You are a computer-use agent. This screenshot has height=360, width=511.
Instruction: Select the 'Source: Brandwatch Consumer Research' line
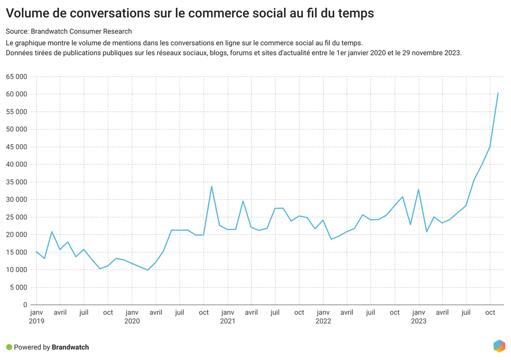click(x=69, y=31)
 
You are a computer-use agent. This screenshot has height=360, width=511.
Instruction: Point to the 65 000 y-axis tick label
click(x=17, y=76)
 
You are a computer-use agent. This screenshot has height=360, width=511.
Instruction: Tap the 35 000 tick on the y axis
click(x=17, y=182)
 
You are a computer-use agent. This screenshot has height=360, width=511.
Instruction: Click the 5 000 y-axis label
click(x=18, y=287)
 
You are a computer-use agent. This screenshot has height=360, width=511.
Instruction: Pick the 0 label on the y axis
click(x=25, y=305)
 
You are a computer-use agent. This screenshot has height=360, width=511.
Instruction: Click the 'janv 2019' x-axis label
click(x=36, y=317)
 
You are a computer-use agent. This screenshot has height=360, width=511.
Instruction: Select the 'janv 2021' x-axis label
click(x=228, y=317)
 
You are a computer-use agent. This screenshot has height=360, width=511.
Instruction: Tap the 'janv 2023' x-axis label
click(x=419, y=317)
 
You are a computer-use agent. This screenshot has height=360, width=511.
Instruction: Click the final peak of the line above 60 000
click(x=498, y=93)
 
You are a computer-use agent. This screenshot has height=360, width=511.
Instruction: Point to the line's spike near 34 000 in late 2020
click(x=212, y=186)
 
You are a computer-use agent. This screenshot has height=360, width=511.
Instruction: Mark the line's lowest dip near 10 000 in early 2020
click(x=148, y=270)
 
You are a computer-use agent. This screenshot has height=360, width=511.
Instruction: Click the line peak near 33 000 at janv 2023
click(x=419, y=189)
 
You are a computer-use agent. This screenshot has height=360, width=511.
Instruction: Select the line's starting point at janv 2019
click(x=36, y=252)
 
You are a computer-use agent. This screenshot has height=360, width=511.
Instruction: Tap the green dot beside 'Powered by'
click(x=9, y=347)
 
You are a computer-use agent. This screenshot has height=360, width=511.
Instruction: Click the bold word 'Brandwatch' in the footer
click(x=70, y=347)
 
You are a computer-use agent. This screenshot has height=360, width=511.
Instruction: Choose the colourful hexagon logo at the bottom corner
click(x=499, y=346)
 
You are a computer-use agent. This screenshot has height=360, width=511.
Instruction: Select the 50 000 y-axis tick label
click(x=17, y=129)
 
